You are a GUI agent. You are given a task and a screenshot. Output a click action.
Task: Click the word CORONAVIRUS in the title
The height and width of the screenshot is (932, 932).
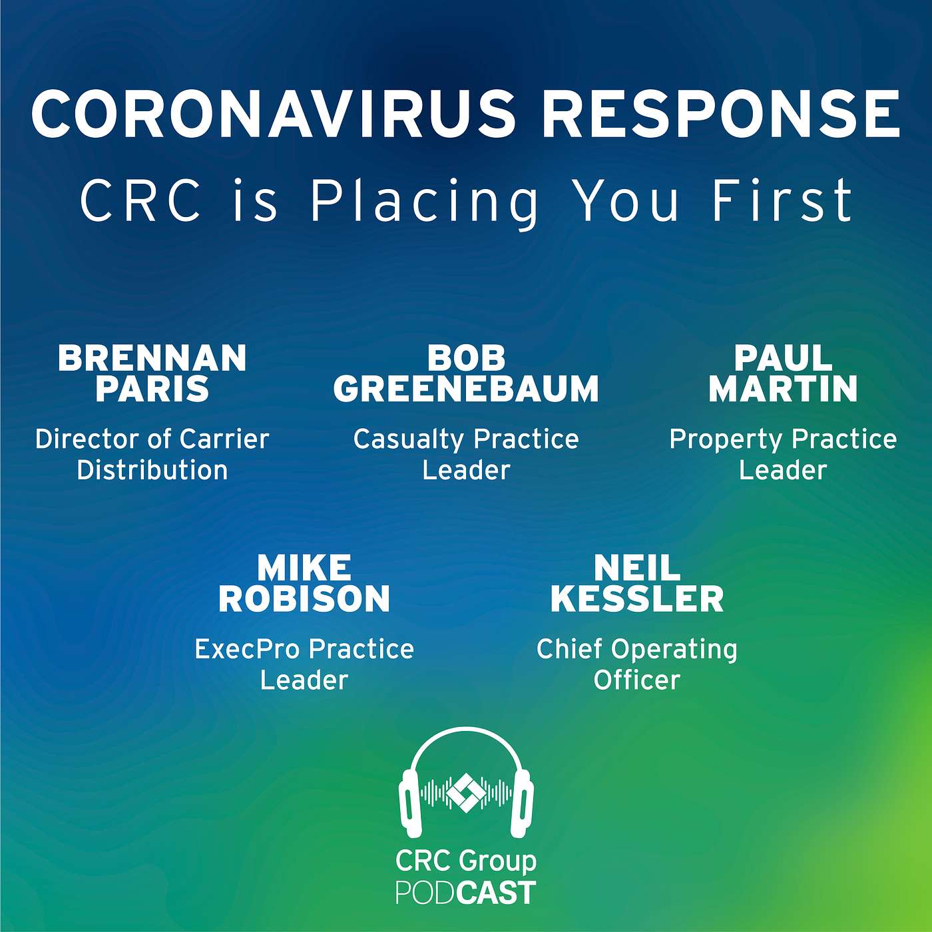click(274, 114)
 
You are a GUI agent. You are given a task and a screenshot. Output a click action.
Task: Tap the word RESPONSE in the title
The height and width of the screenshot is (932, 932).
click(721, 114)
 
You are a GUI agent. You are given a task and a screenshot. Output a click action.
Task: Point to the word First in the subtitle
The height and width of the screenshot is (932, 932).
click(783, 200)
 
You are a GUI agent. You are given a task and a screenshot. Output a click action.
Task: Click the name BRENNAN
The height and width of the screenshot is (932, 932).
click(152, 358)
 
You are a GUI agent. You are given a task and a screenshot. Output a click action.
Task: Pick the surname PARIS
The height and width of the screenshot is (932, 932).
click(152, 389)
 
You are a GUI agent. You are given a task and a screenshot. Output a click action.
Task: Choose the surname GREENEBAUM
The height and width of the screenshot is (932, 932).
click(466, 389)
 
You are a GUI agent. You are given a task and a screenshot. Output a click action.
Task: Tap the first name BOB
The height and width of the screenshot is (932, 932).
click(466, 358)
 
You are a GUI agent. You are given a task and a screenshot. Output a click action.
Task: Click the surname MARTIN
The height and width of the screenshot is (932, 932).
click(783, 389)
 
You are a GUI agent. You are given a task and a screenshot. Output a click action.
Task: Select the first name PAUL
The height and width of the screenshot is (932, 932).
click(783, 358)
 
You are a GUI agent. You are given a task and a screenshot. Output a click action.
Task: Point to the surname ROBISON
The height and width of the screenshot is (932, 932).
click(304, 598)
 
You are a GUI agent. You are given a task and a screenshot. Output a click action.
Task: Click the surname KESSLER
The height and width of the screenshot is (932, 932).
click(637, 598)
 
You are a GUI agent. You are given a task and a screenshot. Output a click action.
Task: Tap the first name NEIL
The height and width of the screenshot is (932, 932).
click(637, 569)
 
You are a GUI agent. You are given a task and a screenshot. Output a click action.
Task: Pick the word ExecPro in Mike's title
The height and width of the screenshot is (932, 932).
click(247, 650)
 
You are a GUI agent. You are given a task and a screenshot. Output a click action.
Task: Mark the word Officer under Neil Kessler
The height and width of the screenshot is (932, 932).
click(637, 680)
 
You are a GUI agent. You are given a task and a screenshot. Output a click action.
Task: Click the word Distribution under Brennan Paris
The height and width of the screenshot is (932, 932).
click(152, 470)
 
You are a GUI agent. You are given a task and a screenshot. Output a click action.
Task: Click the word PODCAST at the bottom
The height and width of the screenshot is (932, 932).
click(466, 893)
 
